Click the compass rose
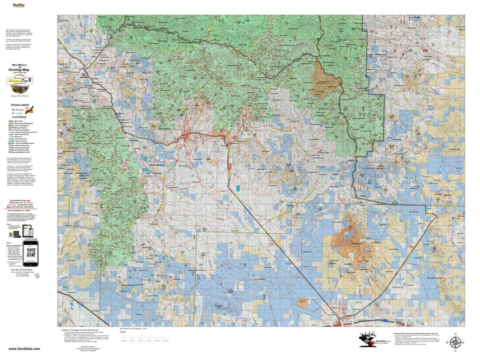(x=455, y=342)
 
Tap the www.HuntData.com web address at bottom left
(x=24, y=349)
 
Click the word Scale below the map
(x=123, y=332)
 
